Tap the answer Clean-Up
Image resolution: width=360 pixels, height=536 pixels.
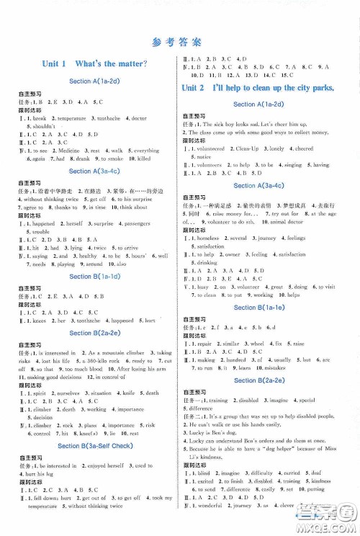pos(260,148)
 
